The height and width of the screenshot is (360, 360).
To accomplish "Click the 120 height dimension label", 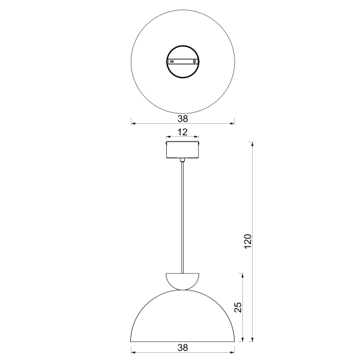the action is point(248,241).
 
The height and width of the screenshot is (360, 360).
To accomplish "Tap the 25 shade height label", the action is point(238,307).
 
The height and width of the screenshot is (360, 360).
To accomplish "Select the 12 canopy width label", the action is point(182,132).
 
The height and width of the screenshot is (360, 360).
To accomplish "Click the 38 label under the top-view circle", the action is point(183,119).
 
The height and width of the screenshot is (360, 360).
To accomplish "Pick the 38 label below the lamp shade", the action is point(183,347).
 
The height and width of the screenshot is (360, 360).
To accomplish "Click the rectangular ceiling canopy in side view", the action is point(182,150).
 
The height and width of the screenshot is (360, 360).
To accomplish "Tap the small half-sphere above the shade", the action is point(182,281).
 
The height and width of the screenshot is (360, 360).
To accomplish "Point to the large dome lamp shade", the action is point(182,290).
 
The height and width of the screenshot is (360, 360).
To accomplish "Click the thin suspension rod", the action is point(182,217).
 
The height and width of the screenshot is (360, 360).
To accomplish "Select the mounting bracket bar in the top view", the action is point(183,62).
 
